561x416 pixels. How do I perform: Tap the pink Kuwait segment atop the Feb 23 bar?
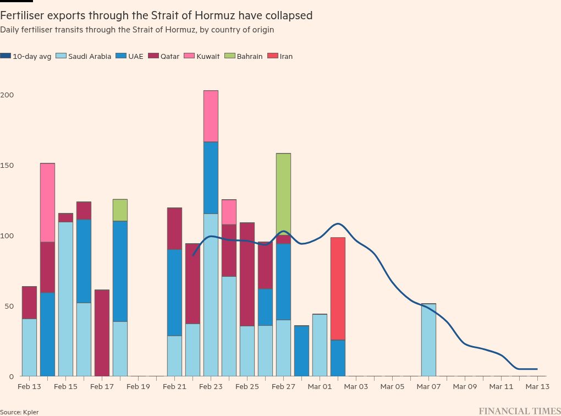pos(211,116)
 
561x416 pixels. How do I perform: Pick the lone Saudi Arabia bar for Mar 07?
pos(428,340)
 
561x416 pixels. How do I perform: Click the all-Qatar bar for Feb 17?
pos(102,333)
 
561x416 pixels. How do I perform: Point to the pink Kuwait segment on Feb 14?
pos(47,202)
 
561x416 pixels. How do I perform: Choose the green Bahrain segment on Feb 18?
pos(120,210)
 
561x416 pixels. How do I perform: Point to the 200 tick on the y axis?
pos(7,95)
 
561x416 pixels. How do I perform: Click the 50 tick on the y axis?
pos(9,306)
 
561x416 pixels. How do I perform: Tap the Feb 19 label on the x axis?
pos(138,387)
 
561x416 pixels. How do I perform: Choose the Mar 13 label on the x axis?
pos(537,387)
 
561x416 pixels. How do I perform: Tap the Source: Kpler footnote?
pos(19,412)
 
